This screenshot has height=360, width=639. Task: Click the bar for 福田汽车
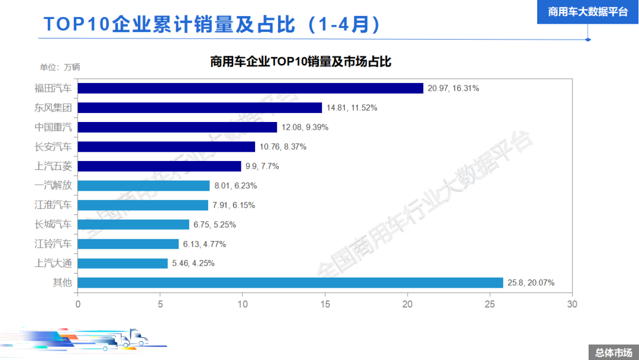250,88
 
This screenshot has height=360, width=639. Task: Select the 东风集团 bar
200,108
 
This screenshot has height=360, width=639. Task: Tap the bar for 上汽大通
123,263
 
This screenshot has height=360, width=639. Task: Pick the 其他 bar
290,282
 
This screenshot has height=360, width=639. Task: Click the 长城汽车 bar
134,224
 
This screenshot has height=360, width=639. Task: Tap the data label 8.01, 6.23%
235,186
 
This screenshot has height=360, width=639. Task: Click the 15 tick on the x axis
325,304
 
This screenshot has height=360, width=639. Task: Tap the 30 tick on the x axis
572,304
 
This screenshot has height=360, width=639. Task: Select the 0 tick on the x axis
78,304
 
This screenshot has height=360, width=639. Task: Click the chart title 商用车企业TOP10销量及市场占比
301,62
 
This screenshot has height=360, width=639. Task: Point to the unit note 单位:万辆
60,67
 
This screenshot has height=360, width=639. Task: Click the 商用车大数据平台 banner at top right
588,12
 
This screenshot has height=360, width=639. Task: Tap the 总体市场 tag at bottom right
613,352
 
